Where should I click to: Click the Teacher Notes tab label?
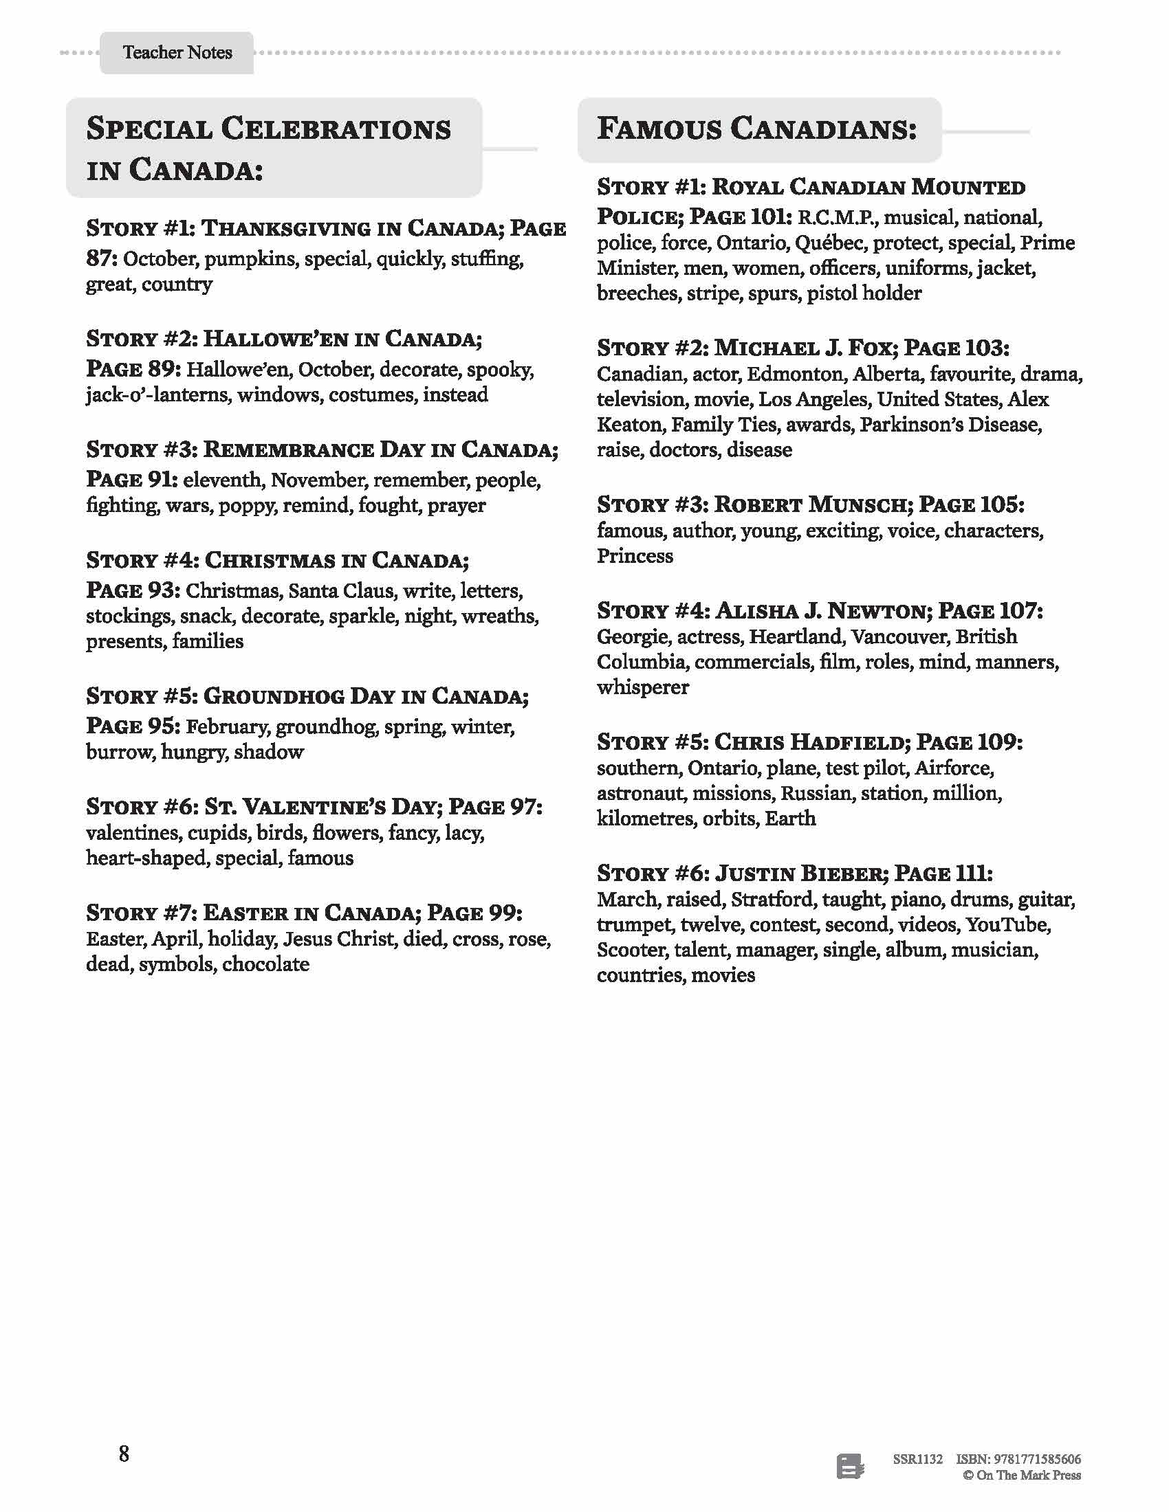click(x=177, y=53)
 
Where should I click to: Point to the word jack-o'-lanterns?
click(x=158, y=394)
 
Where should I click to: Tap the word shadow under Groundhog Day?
click(x=269, y=752)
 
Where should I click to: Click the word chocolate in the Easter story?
click(x=266, y=964)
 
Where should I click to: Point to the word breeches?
click(x=638, y=293)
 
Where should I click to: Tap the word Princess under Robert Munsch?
click(x=635, y=556)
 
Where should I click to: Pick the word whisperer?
click(x=643, y=687)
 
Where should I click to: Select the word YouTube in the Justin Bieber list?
click(x=1008, y=925)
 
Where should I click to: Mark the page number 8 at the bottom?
click(x=124, y=1454)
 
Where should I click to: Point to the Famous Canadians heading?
click(x=757, y=129)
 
